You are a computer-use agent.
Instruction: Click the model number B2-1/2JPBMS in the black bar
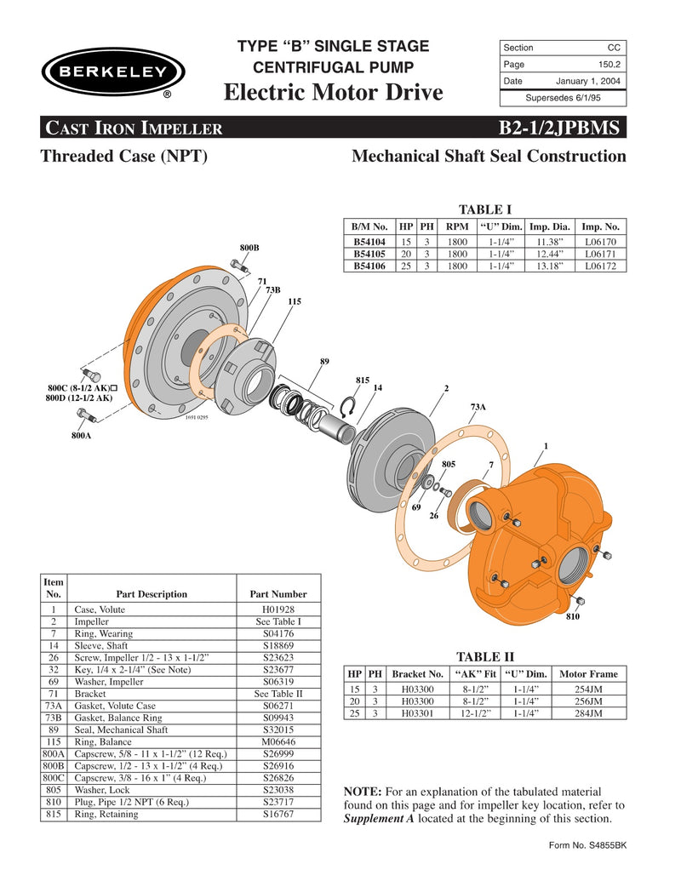click(x=562, y=129)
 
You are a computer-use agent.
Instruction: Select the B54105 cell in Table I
click(x=369, y=254)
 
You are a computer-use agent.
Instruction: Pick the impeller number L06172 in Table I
click(x=601, y=266)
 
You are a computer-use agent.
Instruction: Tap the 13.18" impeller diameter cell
click(x=551, y=266)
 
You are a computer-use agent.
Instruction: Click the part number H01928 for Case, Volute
click(x=278, y=609)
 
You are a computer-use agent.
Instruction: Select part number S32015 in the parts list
click(x=278, y=729)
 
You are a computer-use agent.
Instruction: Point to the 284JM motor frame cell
click(x=588, y=713)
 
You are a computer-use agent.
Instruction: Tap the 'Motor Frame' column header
click(x=588, y=673)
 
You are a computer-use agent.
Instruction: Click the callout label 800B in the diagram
click(x=249, y=247)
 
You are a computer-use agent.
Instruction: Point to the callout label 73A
click(x=478, y=408)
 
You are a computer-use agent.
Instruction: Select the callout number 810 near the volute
click(x=572, y=615)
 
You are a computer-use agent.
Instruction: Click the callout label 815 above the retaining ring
click(x=362, y=378)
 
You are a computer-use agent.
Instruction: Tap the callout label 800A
click(x=81, y=435)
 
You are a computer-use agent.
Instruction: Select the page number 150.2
click(x=607, y=64)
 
